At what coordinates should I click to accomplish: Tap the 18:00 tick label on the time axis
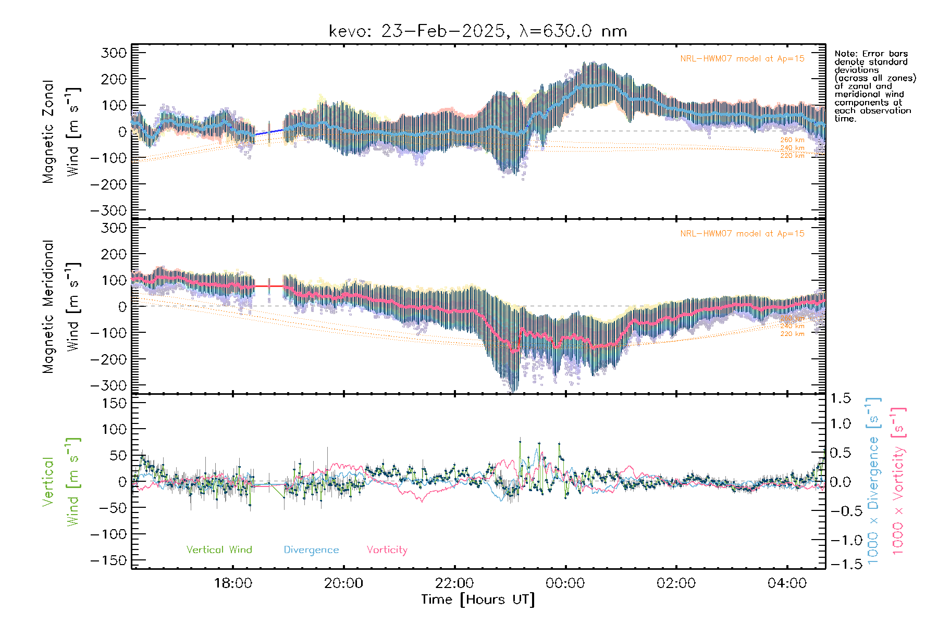coord(233,583)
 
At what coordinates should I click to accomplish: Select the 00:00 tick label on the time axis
coord(565,583)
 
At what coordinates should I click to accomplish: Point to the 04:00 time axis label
coord(787,583)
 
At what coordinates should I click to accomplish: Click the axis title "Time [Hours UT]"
coord(478,599)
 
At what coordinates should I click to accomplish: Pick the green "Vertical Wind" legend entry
coord(219,549)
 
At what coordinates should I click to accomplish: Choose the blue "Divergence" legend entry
coord(311,549)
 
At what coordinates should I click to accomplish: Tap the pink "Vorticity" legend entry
coord(387,549)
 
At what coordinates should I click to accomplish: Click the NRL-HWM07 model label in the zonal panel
coord(742,58)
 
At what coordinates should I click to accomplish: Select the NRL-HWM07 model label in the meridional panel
coord(742,233)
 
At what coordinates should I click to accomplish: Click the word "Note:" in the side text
coord(845,54)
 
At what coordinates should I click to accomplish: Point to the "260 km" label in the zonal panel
coord(792,140)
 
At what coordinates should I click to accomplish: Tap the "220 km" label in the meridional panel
coord(792,334)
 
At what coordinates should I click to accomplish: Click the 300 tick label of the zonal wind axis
coord(114,53)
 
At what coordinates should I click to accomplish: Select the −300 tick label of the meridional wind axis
coord(109,385)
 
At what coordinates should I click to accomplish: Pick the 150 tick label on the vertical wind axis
coord(114,403)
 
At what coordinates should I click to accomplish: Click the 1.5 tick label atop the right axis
coord(841,398)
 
